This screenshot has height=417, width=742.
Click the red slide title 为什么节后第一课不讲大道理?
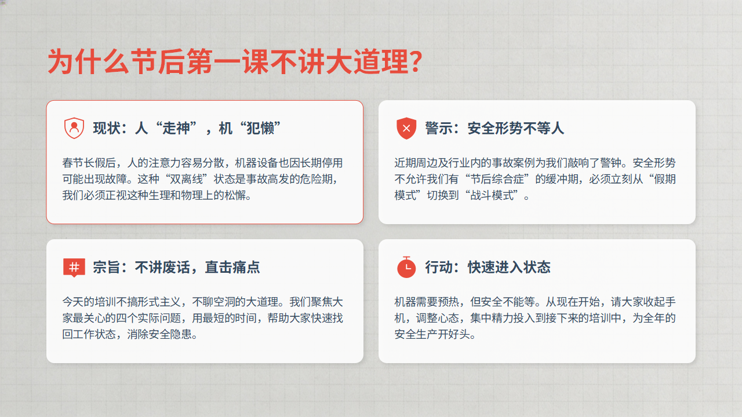235,62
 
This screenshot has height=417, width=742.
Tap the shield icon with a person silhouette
74,128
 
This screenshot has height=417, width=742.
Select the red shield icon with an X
406,128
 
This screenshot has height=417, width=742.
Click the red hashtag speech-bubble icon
74,268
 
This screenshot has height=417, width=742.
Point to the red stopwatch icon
406,267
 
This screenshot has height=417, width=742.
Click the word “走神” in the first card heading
176,128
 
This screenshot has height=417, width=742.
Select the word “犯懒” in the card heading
260,128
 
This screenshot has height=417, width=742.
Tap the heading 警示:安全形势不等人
494,128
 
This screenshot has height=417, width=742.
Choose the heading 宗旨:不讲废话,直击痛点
176,268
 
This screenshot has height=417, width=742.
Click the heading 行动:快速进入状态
488,268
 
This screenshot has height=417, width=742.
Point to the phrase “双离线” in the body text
186,179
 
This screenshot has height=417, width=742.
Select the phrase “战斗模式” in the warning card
492,195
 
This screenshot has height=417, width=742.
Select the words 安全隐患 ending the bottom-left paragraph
170,334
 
